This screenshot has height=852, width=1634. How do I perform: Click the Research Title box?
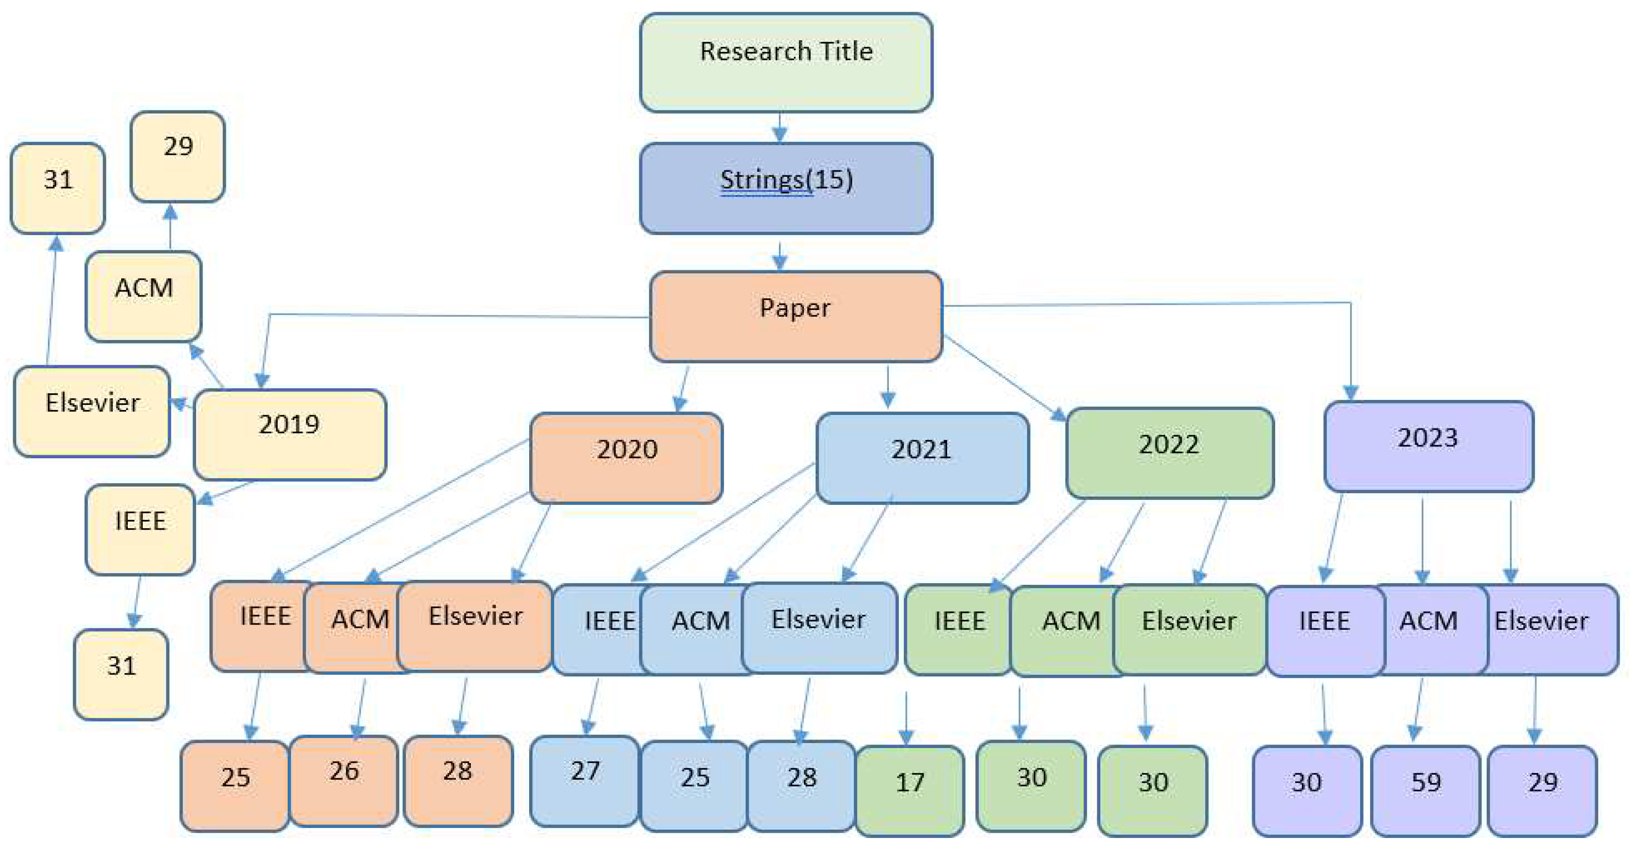pos(785,62)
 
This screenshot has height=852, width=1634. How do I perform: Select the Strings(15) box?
pos(785,188)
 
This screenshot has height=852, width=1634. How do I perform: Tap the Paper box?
pos(795,316)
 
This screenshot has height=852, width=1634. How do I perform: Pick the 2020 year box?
pos(625,457)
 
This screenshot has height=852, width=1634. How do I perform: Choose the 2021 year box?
pos(922,457)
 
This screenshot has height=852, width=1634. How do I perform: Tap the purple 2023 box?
pos(1428,446)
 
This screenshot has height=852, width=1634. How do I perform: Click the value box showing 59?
pos(1425,790)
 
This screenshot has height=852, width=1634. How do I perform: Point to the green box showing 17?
pos(910,790)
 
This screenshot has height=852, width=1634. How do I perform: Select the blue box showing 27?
pos(584,780)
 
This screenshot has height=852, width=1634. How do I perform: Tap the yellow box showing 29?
pos(178,156)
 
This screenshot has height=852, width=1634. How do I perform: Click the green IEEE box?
pos(958,628)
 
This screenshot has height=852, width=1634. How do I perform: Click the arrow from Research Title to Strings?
pos(779,127)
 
